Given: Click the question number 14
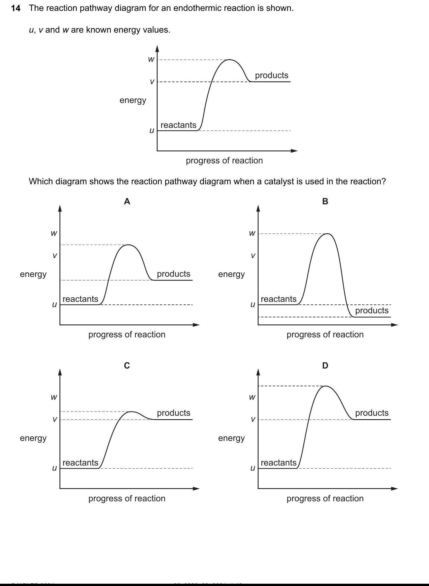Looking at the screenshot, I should click(16, 8).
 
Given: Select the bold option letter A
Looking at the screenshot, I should click(127, 201).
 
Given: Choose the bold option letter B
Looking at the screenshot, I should click(325, 201).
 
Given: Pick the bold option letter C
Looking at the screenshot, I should click(127, 365).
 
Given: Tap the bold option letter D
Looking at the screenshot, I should click(325, 365).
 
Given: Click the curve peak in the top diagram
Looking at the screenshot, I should click(229, 60).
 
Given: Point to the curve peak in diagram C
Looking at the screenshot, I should click(131, 412).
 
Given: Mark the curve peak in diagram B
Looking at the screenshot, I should click(328, 234).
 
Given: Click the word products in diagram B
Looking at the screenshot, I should click(372, 310).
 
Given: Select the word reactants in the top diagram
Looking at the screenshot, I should click(178, 125).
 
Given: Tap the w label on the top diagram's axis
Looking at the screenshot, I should click(151, 59).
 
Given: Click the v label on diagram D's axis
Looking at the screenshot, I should click(253, 419).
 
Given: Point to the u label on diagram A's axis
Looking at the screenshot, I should click(54, 305).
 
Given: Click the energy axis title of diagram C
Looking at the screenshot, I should click(33, 438).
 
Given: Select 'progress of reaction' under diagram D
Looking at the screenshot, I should click(325, 498).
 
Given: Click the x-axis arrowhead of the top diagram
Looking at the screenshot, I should click(294, 151).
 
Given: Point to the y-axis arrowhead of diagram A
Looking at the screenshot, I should click(60, 208).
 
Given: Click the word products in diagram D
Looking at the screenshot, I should click(372, 413).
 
